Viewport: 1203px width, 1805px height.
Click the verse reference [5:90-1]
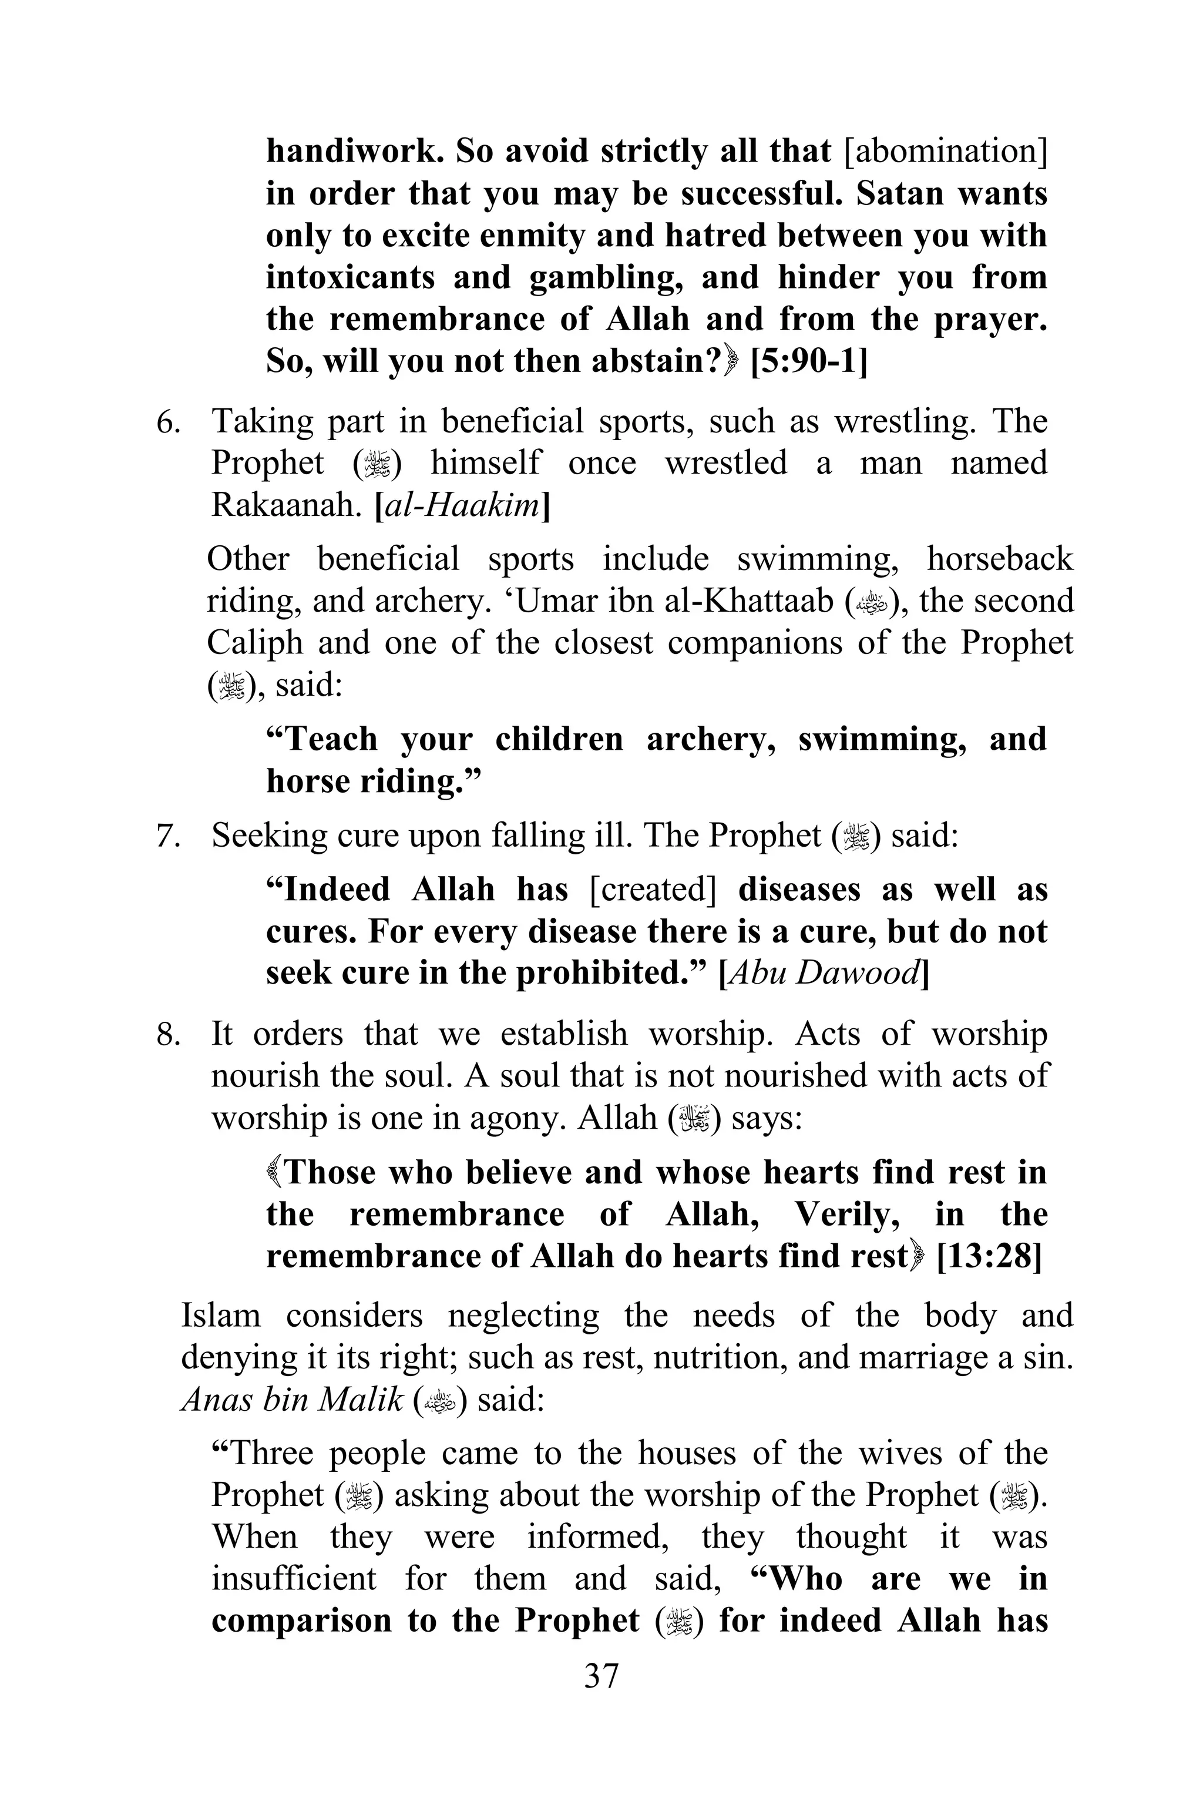tap(809, 361)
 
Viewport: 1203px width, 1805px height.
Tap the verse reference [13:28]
tap(989, 1256)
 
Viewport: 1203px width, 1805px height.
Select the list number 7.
tap(168, 836)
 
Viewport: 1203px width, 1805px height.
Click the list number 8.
tap(168, 1035)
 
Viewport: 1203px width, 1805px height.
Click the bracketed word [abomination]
tap(945, 151)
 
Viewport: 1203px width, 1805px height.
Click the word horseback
tap(1000, 559)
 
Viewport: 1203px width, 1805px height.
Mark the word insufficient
tap(294, 1579)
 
